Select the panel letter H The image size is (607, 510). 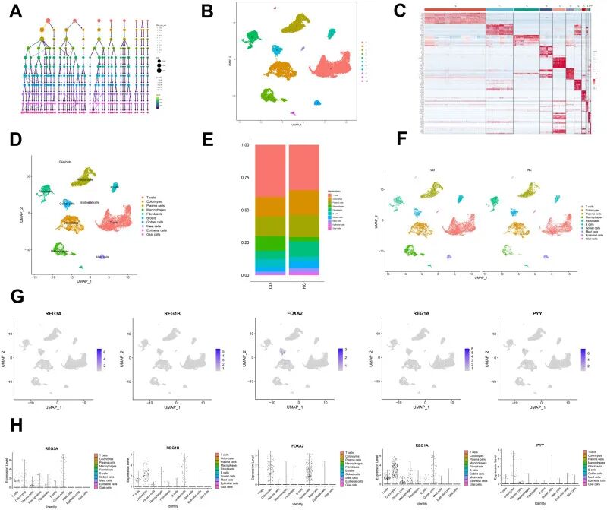coord(14,420)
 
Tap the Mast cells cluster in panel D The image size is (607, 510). coord(101,258)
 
